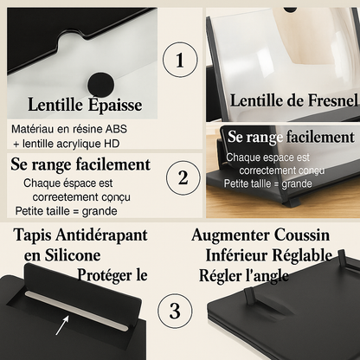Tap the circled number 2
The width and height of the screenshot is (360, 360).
pyautogui.click(x=183, y=177)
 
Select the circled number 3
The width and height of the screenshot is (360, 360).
pyautogui.click(x=175, y=311)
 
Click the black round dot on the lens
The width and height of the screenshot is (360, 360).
pyautogui.click(x=101, y=85)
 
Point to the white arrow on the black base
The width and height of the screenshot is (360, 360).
pyautogui.click(x=62, y=325)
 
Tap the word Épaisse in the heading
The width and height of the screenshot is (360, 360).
pyautogui.click(x=115, y=105)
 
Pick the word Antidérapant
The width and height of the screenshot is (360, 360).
pyautogui.click(x=101, y=235)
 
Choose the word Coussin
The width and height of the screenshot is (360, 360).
pyautogui.click(x=302, y=235)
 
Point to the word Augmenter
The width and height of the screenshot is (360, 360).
pyautogui.click(x=230, y=235)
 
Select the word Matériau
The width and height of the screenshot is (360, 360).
pyautogui.click(x=32, y=129)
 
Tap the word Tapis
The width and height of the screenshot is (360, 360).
pyautogui.click(x=33, y=235)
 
